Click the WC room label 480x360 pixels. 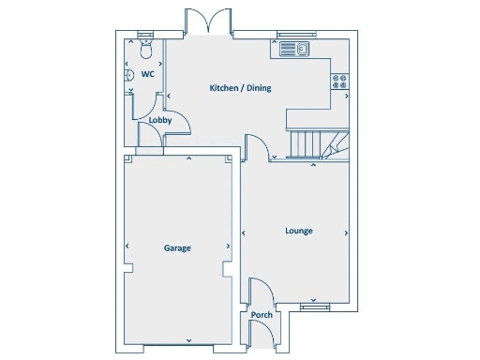tap(147, 74)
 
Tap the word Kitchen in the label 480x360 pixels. tap(222, 88)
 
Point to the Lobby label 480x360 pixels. tap(159, 121)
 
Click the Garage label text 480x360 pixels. tap(177, 248)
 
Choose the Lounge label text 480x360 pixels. tap(299, 231)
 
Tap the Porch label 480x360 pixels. tap(262, 315)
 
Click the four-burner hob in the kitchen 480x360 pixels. tap(340, 82)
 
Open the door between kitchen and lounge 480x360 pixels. tap(257, 148)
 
